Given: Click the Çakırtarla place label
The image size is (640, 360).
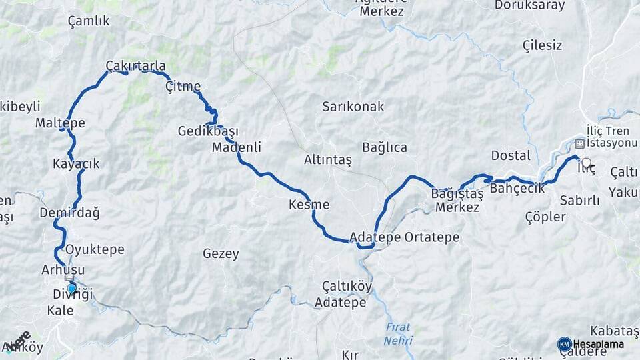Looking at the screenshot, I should [x=135, y=66].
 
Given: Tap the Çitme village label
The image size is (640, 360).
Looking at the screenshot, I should [x=183, y=87].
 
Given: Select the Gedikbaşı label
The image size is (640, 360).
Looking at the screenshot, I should [x=207, y=131].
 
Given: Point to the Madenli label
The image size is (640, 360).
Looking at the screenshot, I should [x=236, y=147].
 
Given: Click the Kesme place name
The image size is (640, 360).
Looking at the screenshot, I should [x=309, y=205].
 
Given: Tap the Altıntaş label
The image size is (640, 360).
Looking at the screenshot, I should [x=327, y=160].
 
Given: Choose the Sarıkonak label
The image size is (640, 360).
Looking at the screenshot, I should [x=353, y=107].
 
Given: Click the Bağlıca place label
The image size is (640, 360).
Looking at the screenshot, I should [x=384, y=148].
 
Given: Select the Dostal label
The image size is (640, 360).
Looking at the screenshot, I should [x=511, y=156].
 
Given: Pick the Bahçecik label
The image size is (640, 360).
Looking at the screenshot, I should [x=517, y=189].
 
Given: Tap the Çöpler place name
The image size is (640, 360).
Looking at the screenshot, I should [x=545, y=217].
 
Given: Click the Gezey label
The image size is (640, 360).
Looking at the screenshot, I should [x=220, y=254].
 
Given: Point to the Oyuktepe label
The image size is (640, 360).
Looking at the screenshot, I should [x=95, y=250].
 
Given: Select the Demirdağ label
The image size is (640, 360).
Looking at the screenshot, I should [x=69, y=213].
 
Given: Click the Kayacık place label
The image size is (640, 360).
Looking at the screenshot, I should [x=76, y=164].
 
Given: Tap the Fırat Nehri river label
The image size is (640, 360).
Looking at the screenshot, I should [x=398, y=334].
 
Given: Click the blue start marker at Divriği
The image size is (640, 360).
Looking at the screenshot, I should [x=71, y=289].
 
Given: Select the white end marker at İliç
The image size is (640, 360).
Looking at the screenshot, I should [x=586, y=162].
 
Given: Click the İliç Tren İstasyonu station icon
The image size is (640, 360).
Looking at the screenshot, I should [x=580, y=143].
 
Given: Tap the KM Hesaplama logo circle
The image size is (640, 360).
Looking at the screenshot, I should [x=564, y=344].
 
